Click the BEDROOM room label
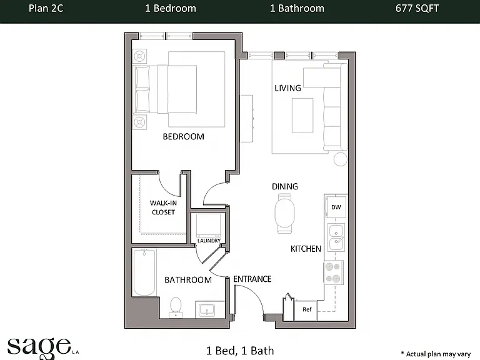183,136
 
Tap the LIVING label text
287,88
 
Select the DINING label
285,186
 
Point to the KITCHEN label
306,249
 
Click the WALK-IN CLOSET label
163,207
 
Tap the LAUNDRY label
209,241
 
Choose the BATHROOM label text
188,280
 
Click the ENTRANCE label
252,279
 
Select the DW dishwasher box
336,207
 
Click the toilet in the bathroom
176,307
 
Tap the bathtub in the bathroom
144,272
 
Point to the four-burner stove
334,272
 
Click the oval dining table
285,213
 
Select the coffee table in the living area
302,116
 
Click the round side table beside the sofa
341,159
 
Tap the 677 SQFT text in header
417,8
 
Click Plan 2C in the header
46,8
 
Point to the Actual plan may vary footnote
436,354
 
